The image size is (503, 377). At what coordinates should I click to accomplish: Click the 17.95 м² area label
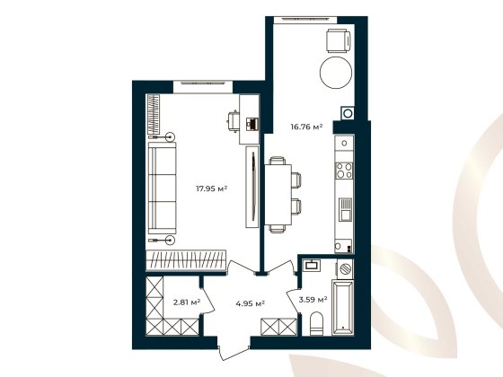click(211, 188)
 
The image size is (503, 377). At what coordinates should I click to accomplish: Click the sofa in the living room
click(163, 188)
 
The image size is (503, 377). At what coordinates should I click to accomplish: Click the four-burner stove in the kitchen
click(342, 168)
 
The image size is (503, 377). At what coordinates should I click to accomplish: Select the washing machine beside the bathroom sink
click(343, 268)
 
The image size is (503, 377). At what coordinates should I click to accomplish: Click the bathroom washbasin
click(313, 265)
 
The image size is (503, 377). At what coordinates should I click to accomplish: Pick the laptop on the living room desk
click(252, 121)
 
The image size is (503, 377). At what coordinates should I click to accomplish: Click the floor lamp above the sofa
click(169, 136)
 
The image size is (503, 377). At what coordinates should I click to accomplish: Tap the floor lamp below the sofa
click(169, 240)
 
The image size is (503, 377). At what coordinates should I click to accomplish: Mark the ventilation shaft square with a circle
click(346, 114)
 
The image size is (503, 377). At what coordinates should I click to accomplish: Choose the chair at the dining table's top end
click(278, 162)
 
